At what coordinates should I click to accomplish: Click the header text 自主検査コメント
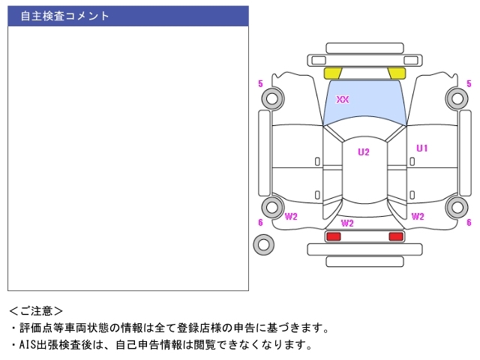pyautogui.click(x=64, y=16)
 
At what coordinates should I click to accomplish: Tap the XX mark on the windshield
pyautogui.click(x=343, y=99)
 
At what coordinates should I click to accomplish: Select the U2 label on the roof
pyautogui.click(x=363, y=152)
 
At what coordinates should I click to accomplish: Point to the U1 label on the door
pyautogui.click(x=422, y=148)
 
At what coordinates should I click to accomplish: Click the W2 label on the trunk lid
pyautogui.click(x=347, y=223)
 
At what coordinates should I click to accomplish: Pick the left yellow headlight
pyautogui.click(x=332, y=73)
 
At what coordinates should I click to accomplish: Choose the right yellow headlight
pyautogui.click(x=397, y=73)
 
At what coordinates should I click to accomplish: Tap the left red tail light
pyautogui.click(x=333, y=237)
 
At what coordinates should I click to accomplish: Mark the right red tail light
pyautogui.click(x=395, y=237)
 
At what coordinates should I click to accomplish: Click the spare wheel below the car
pyautogui.click(x=263, y=244)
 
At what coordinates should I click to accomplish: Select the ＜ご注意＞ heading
pyautogui.click(x=36, y=310)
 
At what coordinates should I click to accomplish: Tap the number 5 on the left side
pyautogui.click(x=260, y=83)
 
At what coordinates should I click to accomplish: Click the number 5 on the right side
pyautogui.click(x=469, y=83)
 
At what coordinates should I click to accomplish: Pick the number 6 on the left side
pyautogui.click(x=260, y=223)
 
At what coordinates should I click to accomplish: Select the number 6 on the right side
pyautogui.click(x=469, y=223)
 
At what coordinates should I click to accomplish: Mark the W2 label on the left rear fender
pyautogui.click(x=292, y=217)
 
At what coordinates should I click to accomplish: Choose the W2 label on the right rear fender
pyautogui.click(x=418, y=217)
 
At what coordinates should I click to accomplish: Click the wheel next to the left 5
pyautogui.click(x=272, y=97)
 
